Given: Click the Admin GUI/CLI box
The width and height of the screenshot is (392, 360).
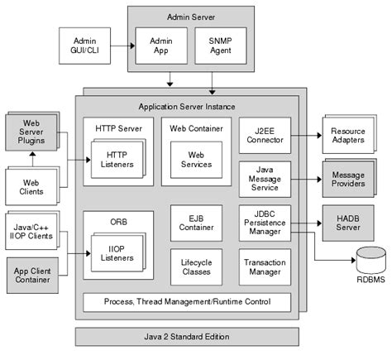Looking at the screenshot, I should point(85,46).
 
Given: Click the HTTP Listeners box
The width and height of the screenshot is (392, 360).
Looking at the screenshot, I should point(117,158).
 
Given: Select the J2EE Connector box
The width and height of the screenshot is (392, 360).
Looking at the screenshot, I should point(264,133).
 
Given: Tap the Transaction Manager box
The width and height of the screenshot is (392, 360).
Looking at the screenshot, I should point(264,267).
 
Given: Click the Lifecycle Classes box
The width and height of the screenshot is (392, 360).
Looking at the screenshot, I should point(196,267).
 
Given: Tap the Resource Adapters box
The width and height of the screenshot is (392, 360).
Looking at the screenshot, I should point(346,136).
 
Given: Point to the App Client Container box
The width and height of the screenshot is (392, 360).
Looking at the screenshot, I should point(31,275).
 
